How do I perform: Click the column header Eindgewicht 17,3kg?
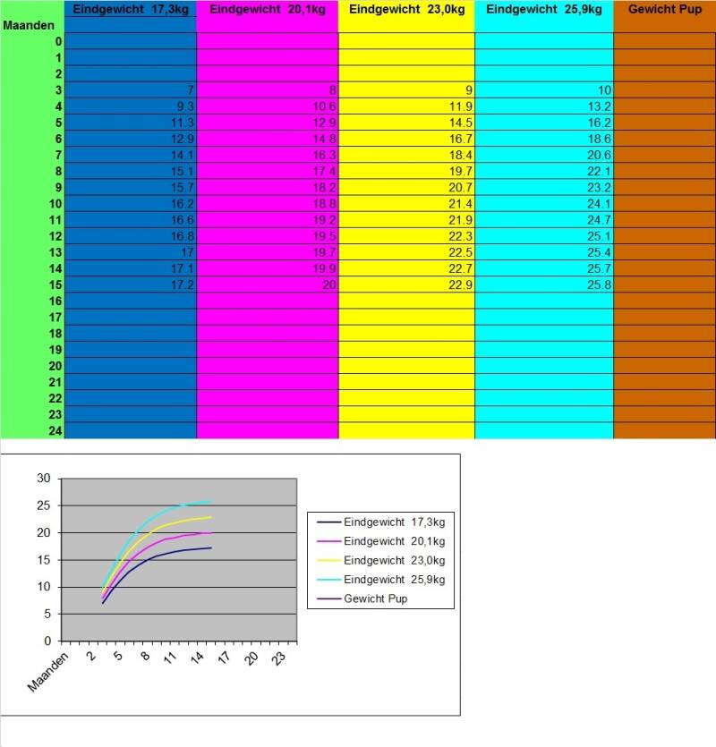[131, 10]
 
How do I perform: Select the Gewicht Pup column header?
[664, 10]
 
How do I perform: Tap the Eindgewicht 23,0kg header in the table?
[406, 10]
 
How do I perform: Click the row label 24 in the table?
[54, 430]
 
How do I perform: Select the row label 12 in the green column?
[54, 236]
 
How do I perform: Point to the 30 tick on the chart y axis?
[43, 479]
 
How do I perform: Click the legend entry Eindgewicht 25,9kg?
[394, 580]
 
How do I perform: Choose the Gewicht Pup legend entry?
[375, 598]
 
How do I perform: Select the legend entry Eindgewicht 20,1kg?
[394, 540]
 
